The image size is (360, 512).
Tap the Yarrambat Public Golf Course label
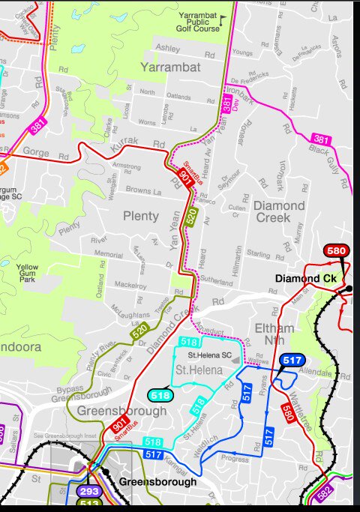199,22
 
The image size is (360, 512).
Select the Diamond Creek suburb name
279,211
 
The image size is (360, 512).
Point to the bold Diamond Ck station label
304,279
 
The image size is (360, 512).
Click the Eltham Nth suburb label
280,334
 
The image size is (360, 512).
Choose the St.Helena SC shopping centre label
209,355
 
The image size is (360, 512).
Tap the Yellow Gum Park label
28,273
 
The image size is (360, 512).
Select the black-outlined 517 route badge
291,361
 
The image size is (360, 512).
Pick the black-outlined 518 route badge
160,395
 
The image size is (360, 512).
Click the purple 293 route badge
88,492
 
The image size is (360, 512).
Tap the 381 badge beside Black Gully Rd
321,139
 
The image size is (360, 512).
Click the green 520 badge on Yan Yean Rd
191,217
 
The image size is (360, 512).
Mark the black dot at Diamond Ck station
349,288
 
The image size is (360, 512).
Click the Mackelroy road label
130,286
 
